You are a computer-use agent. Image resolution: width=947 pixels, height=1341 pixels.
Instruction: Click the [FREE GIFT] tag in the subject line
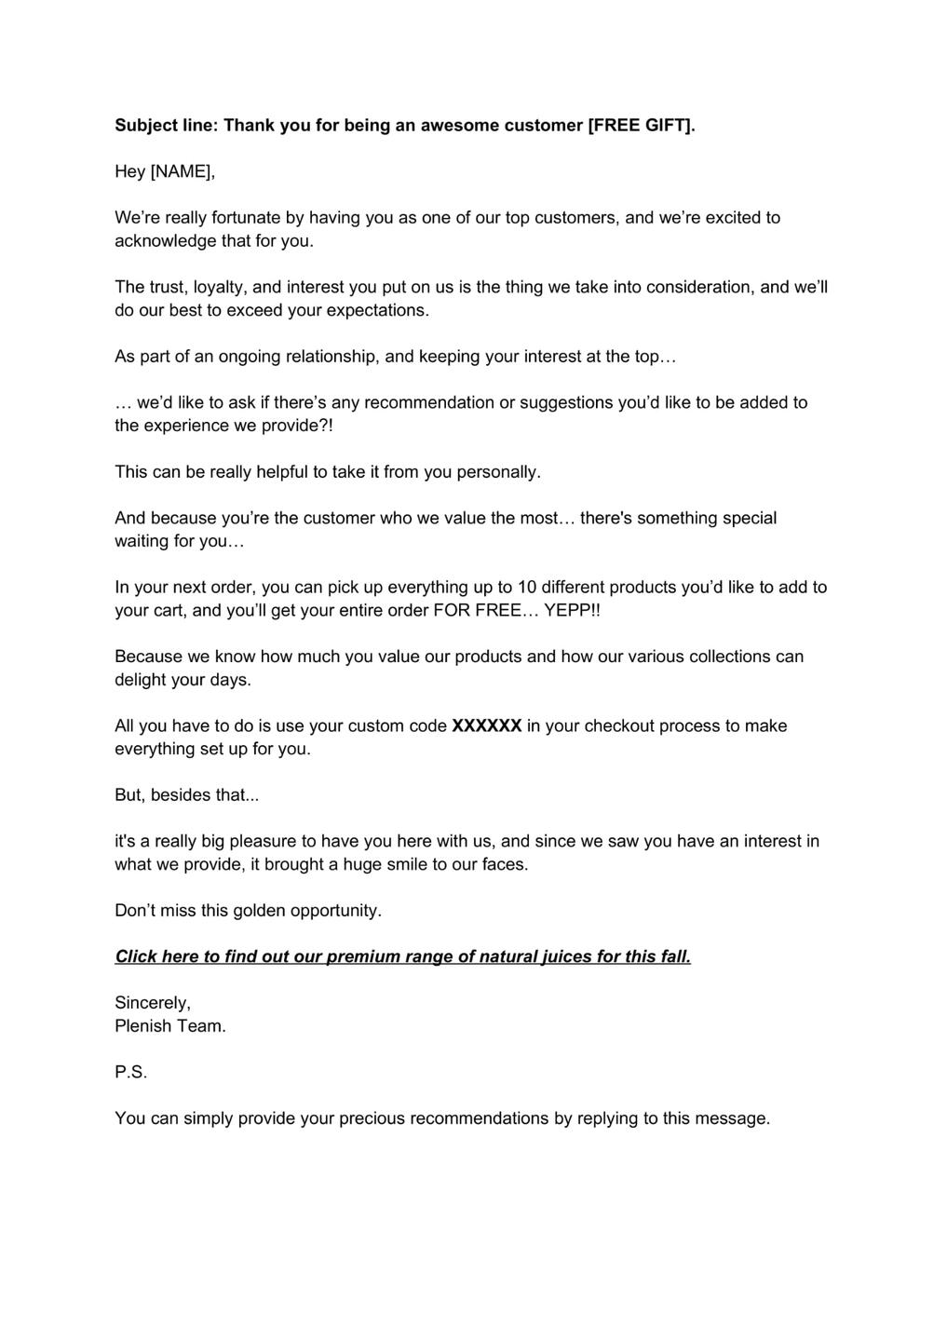point(642,125)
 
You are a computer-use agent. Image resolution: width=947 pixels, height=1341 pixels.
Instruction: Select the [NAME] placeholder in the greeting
point(183,171)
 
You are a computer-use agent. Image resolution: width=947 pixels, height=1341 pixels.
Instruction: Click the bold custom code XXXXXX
point(486,726)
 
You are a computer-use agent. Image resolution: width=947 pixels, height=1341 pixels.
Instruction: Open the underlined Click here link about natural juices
point(402,956)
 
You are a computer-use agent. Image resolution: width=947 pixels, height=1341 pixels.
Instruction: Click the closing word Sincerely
point(152,1003)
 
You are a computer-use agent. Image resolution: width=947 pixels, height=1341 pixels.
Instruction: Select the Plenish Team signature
point(170,1026)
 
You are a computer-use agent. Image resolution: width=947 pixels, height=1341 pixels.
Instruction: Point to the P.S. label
point(131,1073)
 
